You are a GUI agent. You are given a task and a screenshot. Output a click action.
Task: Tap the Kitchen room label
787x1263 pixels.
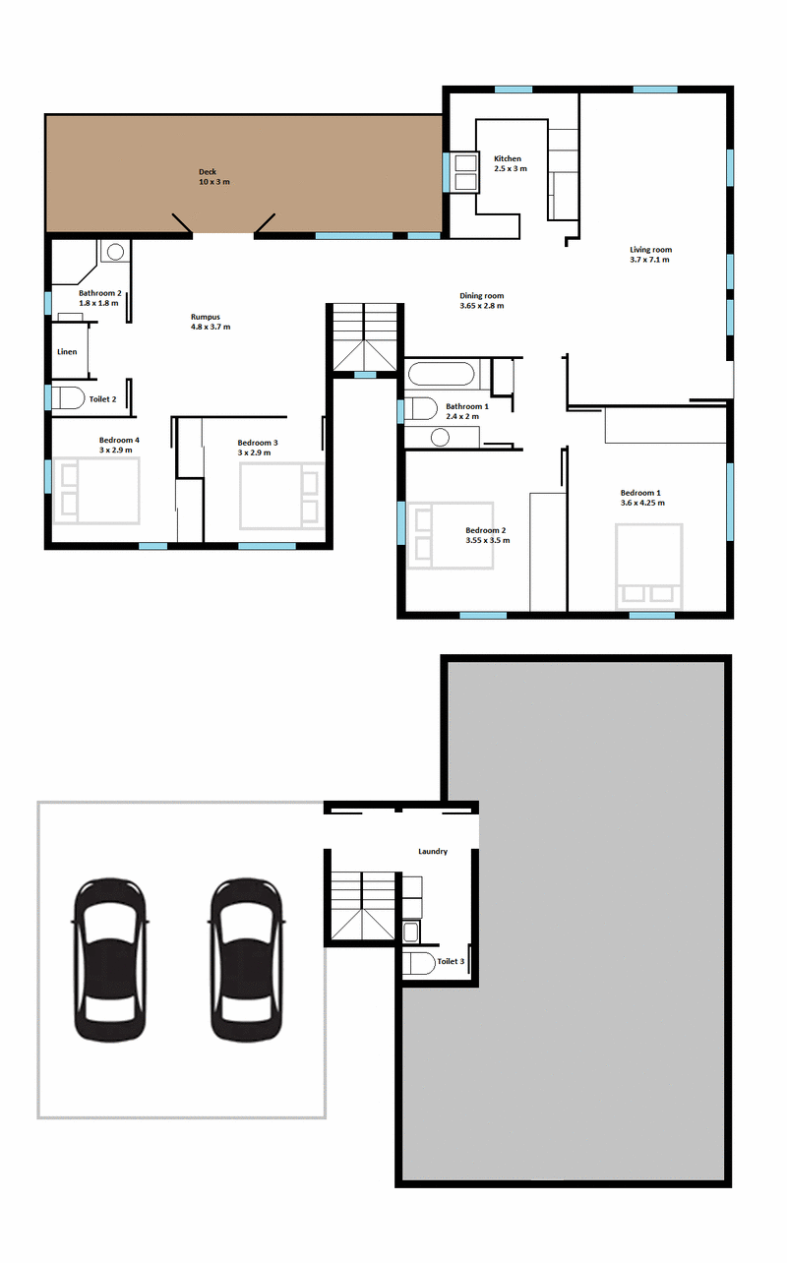click(x=508, y=158)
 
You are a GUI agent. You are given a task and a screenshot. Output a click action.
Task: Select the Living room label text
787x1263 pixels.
click(x=650, y=249)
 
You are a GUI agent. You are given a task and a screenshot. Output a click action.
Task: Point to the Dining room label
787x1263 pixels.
click(x=481, y=295)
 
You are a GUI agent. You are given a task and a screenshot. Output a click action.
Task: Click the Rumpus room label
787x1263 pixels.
click(x=206, y=317)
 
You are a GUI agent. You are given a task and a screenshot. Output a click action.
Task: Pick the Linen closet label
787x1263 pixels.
click(x=67, y=352)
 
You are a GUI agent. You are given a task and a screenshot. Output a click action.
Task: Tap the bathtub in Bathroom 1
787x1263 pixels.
click(x=442, y=374)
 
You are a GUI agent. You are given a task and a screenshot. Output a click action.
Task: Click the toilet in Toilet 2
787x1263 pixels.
click(x=68, y=397)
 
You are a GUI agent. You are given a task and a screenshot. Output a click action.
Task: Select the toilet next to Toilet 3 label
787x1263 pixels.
click(x=418, y=964)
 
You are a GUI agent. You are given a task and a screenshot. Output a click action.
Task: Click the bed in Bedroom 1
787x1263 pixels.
click(x=649, y=567)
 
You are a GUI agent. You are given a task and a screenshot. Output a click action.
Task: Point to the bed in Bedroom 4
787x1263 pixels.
click(x=95, y=491)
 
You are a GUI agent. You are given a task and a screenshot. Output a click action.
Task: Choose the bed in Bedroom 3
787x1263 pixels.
click(x=282, y=496)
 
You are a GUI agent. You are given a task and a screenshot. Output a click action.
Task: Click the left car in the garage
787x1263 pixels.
click(x=110, y=960)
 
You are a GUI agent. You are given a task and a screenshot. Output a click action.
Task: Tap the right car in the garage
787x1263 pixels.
click(x=246, y=960)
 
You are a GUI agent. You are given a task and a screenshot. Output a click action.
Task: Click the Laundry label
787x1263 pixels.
click(x=433, y=852)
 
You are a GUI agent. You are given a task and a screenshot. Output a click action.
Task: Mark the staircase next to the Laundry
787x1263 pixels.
click(x=362, y=906)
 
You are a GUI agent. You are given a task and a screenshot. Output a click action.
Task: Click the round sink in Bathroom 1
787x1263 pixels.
click(x=440, y=437)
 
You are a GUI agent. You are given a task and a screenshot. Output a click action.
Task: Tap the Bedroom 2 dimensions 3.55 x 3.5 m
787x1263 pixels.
click(x=488, y=540)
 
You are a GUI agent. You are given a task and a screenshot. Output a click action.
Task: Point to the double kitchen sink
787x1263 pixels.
click(x=465, y=172)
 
